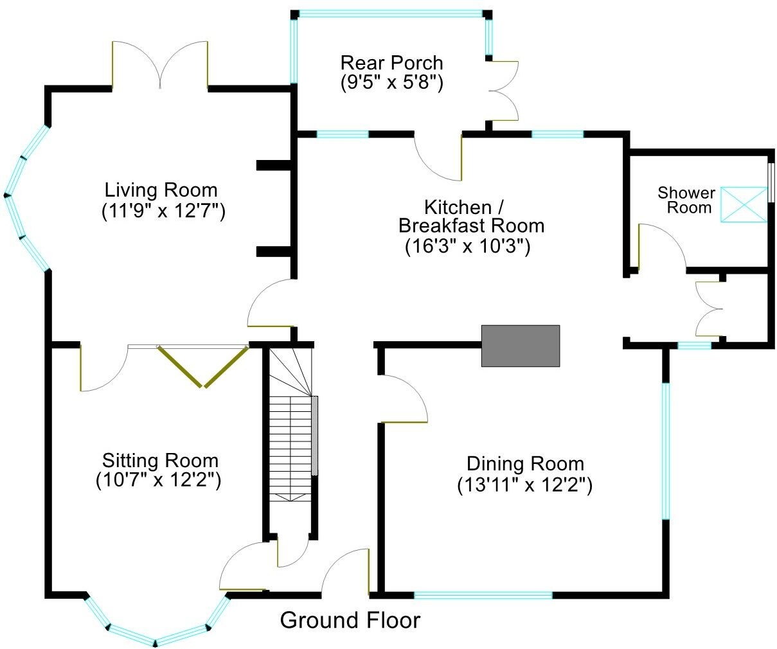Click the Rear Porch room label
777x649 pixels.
(x=391, y=63)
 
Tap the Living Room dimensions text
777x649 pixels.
(x=163, y=211)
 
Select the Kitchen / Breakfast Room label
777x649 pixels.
(x=471, y=217)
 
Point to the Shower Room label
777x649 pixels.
(x=686, y=200)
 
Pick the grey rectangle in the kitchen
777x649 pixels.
(x=521, y=346)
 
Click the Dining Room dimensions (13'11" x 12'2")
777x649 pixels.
(x=524, y=485)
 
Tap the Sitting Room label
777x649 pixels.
(x=160, y=461)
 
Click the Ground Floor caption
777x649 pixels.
(x=350, y=621)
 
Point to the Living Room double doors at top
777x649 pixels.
(x=161, y=64)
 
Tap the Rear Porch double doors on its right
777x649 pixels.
(x=505, y=91)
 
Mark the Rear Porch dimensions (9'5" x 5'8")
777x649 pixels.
(x=391, y=82)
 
